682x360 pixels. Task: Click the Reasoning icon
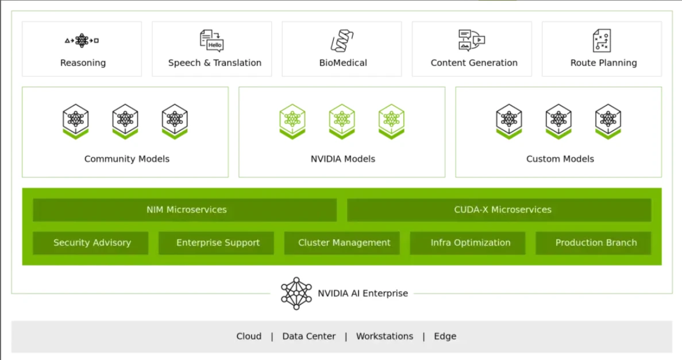pyautogui.click(x=82, y=40)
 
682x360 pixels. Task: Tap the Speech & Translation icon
pyautogui.click(x=211, y=40)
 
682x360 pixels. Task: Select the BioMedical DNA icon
pyautogui.click(x=342, y=40)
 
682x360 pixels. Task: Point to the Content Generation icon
pyautogui.click(x=472, y=40)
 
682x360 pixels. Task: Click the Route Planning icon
pyautogui.click(x=602, y=40)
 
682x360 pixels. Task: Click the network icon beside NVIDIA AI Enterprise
pyautogui.click(x=296, y=293)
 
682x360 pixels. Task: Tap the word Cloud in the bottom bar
pyautogui.click(x=249, y=336)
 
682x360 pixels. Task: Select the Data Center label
pyautogui.click(x=309, y=336)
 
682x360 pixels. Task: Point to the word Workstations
pyautogui.click(x=384, y=336)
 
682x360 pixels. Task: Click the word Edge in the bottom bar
pyautogui.click(x=445, y=336)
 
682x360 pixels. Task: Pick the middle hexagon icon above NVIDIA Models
pyautogui.click(x=342, y=121)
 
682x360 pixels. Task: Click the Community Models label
pyautogui.click(x=126, y=159)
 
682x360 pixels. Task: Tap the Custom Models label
pyautogui.click(x=560, y=159)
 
